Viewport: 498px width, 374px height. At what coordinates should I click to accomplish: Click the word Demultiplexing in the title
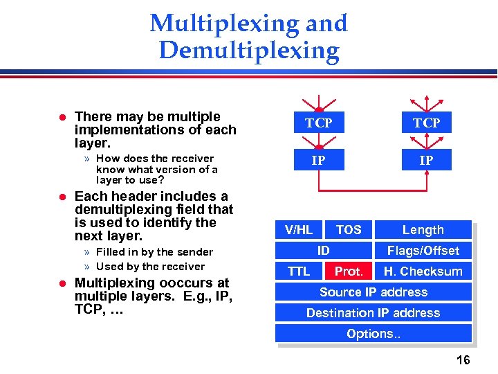click(x=249, y=51)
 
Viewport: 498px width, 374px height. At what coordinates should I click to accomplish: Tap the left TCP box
click(x=319, y=123)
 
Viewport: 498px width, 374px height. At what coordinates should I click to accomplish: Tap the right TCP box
click(x=427, y=123)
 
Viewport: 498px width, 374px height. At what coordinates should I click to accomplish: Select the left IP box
click(x=319, y=160)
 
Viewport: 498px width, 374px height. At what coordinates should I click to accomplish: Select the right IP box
click(x=427, y=160)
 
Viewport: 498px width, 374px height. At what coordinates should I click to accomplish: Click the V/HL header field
click(x=299, y=229)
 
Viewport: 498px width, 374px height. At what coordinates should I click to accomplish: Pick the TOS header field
click(x=349, y=229)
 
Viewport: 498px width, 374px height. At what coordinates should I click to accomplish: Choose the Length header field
click(x=423, y=229)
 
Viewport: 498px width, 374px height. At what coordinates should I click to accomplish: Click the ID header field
click(x=323, y=250)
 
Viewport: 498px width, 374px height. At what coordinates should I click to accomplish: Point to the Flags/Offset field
click(x=423, y=250)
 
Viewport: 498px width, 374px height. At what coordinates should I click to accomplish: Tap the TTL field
click(x=299, y=271)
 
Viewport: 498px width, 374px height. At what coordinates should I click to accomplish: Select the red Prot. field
click(x=349, y=271)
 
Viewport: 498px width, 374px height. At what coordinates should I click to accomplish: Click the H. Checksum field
click(x=423, y=271)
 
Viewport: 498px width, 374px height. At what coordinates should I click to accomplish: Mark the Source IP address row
click(x=373, y=292)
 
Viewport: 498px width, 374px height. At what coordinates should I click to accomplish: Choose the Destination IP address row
click(x=373, y=312)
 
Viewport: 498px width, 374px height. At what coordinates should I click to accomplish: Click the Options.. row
click(x=373, y=333)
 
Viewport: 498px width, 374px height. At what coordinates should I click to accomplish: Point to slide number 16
click(x=463, y=359)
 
